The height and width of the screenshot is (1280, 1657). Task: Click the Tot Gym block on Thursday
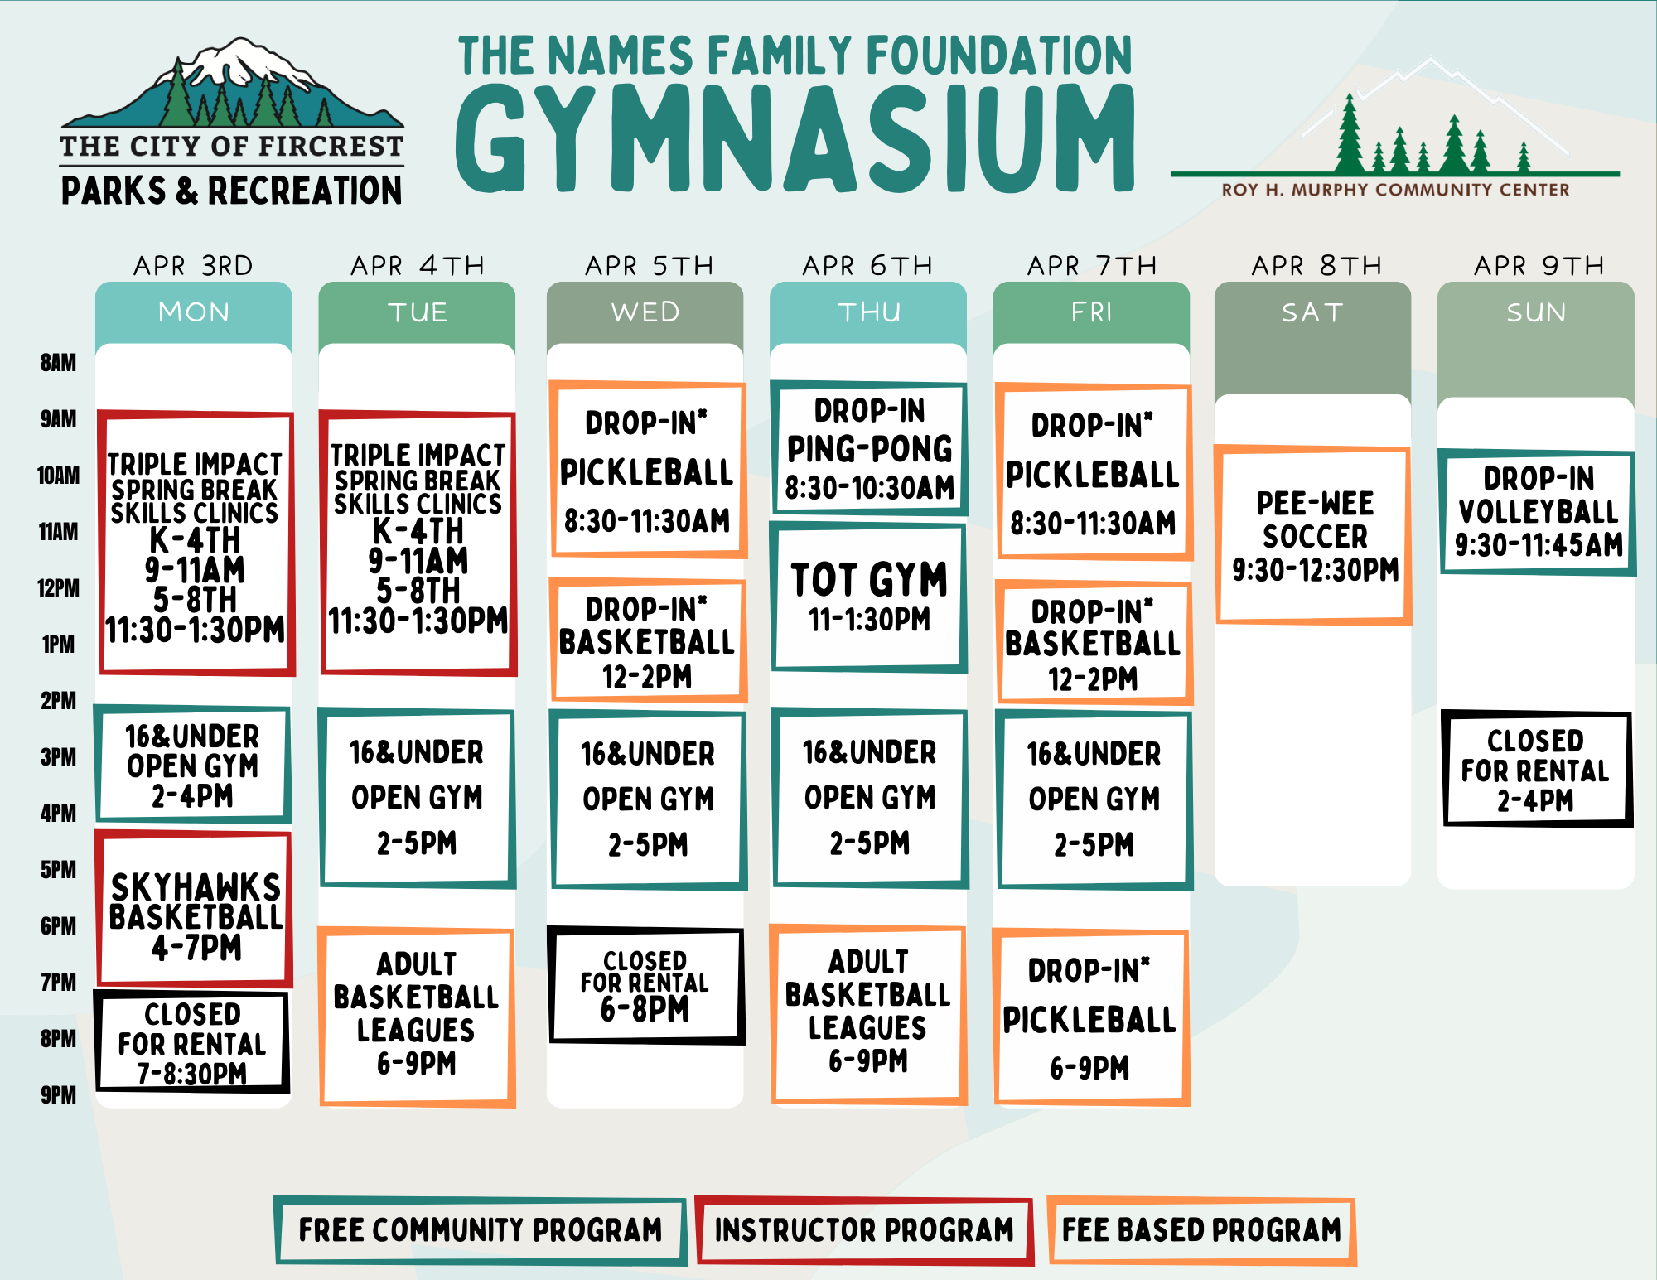tap(869, 597)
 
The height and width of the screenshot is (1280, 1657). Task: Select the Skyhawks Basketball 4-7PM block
tap(194, 909)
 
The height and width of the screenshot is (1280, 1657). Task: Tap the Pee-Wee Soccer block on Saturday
tap(1313, 535)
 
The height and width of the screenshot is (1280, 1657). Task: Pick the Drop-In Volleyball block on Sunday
tap(1537, 512)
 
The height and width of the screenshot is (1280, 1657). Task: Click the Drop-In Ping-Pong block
tap(869, 448)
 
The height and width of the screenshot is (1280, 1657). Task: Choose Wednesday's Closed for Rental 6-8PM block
tap(646, 985)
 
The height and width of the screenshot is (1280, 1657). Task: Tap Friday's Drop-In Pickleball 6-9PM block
tap(1091, 1017)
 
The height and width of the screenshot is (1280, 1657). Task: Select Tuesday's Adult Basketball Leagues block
tap(417, 1017)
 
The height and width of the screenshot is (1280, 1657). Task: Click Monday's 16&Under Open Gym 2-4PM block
tap(192, 764)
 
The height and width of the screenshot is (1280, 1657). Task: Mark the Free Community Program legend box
tap(481, 1230)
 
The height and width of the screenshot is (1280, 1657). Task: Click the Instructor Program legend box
tap(864, 1230)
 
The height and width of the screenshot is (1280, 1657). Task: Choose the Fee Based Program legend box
tap(1201, 1230)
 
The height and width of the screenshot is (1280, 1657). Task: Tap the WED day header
tap(645, 312)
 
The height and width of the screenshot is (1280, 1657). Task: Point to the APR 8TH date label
tap(1316, 265)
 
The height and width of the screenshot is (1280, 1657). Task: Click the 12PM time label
tap(58, 588)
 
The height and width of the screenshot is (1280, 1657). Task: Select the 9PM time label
tap(58, 1095)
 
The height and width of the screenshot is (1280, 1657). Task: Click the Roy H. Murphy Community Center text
tap(1395, 190)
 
